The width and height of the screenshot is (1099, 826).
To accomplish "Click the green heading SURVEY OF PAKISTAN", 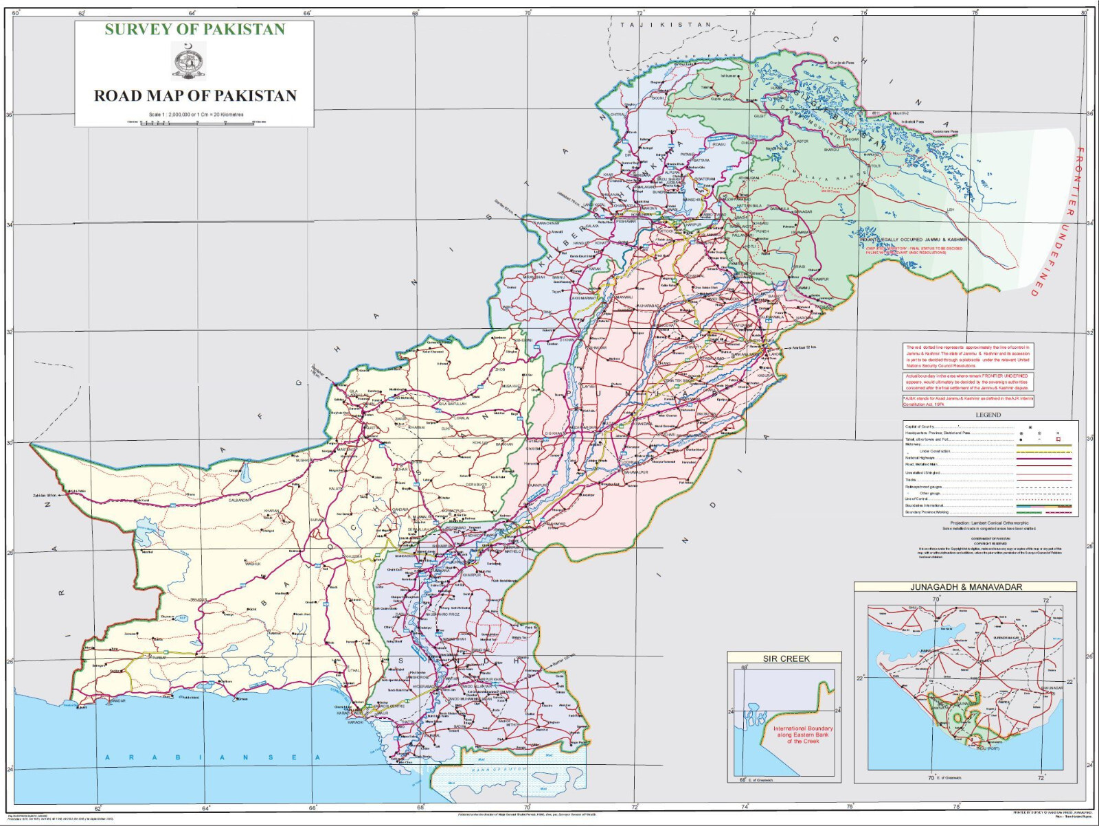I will (194, 29).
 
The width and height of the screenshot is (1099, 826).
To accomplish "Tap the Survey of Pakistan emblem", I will (188, 60).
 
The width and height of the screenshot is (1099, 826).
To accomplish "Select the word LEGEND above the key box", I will (988, 415).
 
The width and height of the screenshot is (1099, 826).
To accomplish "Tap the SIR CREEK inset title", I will (786, 658).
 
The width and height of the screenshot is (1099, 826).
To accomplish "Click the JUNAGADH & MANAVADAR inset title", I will (966, 587).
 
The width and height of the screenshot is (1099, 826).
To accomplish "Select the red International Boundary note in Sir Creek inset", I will (803, 735).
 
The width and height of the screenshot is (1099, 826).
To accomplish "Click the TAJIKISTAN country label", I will (666, 25).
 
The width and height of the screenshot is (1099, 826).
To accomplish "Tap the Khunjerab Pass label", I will (841, 63).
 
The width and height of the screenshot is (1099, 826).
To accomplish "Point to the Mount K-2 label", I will (900, 113).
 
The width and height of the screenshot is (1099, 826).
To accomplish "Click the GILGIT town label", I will (760, 116).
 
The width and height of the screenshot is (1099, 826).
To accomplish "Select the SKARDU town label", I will (831, 150).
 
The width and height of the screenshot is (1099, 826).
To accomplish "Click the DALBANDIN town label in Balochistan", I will (240, 500).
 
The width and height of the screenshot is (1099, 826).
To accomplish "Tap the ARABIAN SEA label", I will (213, 757).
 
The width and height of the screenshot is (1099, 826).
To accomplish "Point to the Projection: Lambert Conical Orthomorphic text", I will (989, 523).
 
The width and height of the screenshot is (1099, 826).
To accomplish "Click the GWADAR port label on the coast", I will (118, 700).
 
